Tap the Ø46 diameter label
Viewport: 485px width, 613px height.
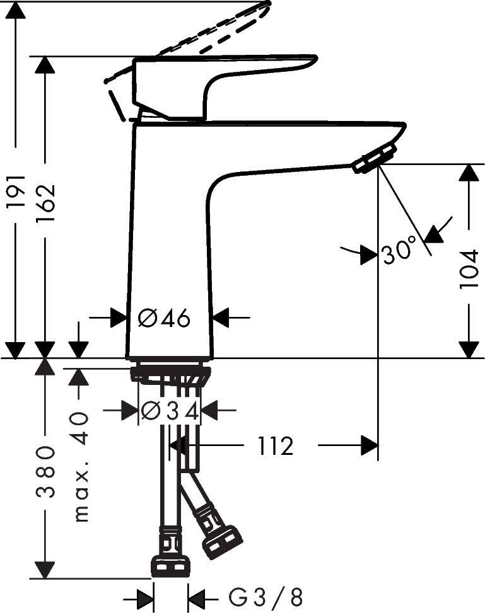pyautogui.click(x=164, y=319)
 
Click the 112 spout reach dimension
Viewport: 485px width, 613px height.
pyautogui.click(x=275, y=447)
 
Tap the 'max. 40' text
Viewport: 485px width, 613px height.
pyautogui.click(x=80, y=467)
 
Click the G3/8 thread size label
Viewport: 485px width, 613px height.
pyautogui.click(x=266, y=596)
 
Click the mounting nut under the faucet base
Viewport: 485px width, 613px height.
pyautogui.click(x=170, y=373)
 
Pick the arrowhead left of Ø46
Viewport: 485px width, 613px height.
pyautogui.click(x=118, y=318)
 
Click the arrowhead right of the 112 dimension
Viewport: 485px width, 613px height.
pyautogui.click(x=370, y=446)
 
